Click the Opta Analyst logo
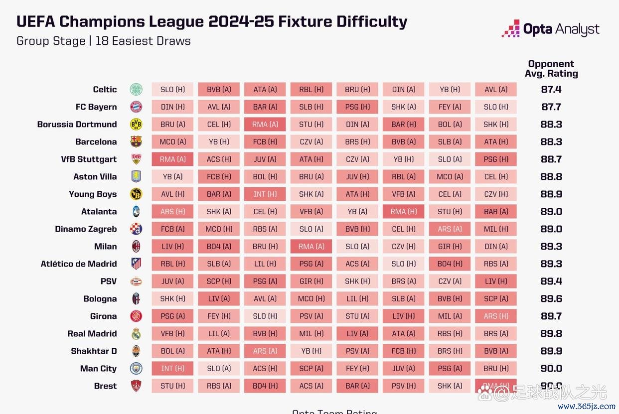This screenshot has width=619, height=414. pos(550,29)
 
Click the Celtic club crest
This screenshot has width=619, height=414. pos(136,90)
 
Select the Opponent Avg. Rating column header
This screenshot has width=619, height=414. pos(551,69)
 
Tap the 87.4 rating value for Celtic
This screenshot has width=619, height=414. pos(551,90)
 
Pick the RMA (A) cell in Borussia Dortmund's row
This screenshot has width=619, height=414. pos(265,125)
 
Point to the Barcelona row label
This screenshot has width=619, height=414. pos(96,142)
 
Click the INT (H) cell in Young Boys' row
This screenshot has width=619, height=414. pos(265,194)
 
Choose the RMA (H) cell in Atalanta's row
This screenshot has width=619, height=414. pos(404,212)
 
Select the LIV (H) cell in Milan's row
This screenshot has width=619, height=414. pos(172,247)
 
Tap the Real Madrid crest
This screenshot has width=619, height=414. pos(136,334)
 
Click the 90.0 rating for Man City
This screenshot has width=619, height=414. pos(551,369)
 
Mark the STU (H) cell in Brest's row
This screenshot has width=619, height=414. pos(172,386)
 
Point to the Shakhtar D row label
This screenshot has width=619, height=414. pos(94,351)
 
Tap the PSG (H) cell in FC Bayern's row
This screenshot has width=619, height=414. pos(357,107)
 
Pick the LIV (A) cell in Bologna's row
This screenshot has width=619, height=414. pos(219,299)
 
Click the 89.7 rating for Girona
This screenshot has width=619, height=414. pos(551,316)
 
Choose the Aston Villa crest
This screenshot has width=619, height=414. pos(136,177)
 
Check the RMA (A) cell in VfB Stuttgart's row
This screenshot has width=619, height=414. pos(172,159)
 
